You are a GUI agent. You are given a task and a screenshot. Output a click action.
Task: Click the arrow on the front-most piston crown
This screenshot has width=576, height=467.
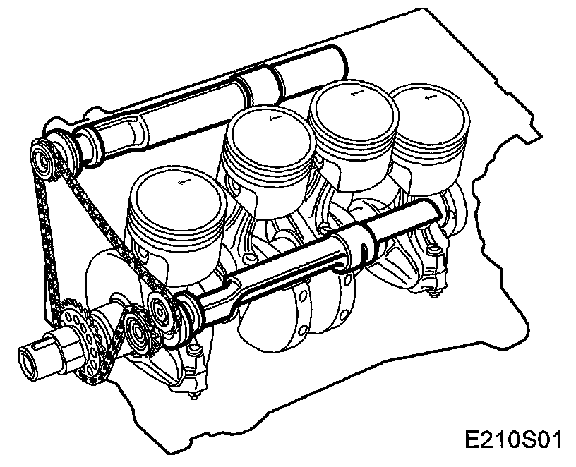coord(182,181)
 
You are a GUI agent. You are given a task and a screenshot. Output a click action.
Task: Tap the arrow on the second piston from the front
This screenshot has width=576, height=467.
coord(274,118)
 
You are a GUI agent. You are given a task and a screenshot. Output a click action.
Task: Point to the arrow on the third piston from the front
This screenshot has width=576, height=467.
coord(356,92)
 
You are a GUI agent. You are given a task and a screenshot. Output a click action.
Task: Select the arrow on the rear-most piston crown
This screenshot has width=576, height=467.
coord(429,97)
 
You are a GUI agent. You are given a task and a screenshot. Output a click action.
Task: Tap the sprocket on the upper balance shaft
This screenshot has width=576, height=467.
coord(44,161)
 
